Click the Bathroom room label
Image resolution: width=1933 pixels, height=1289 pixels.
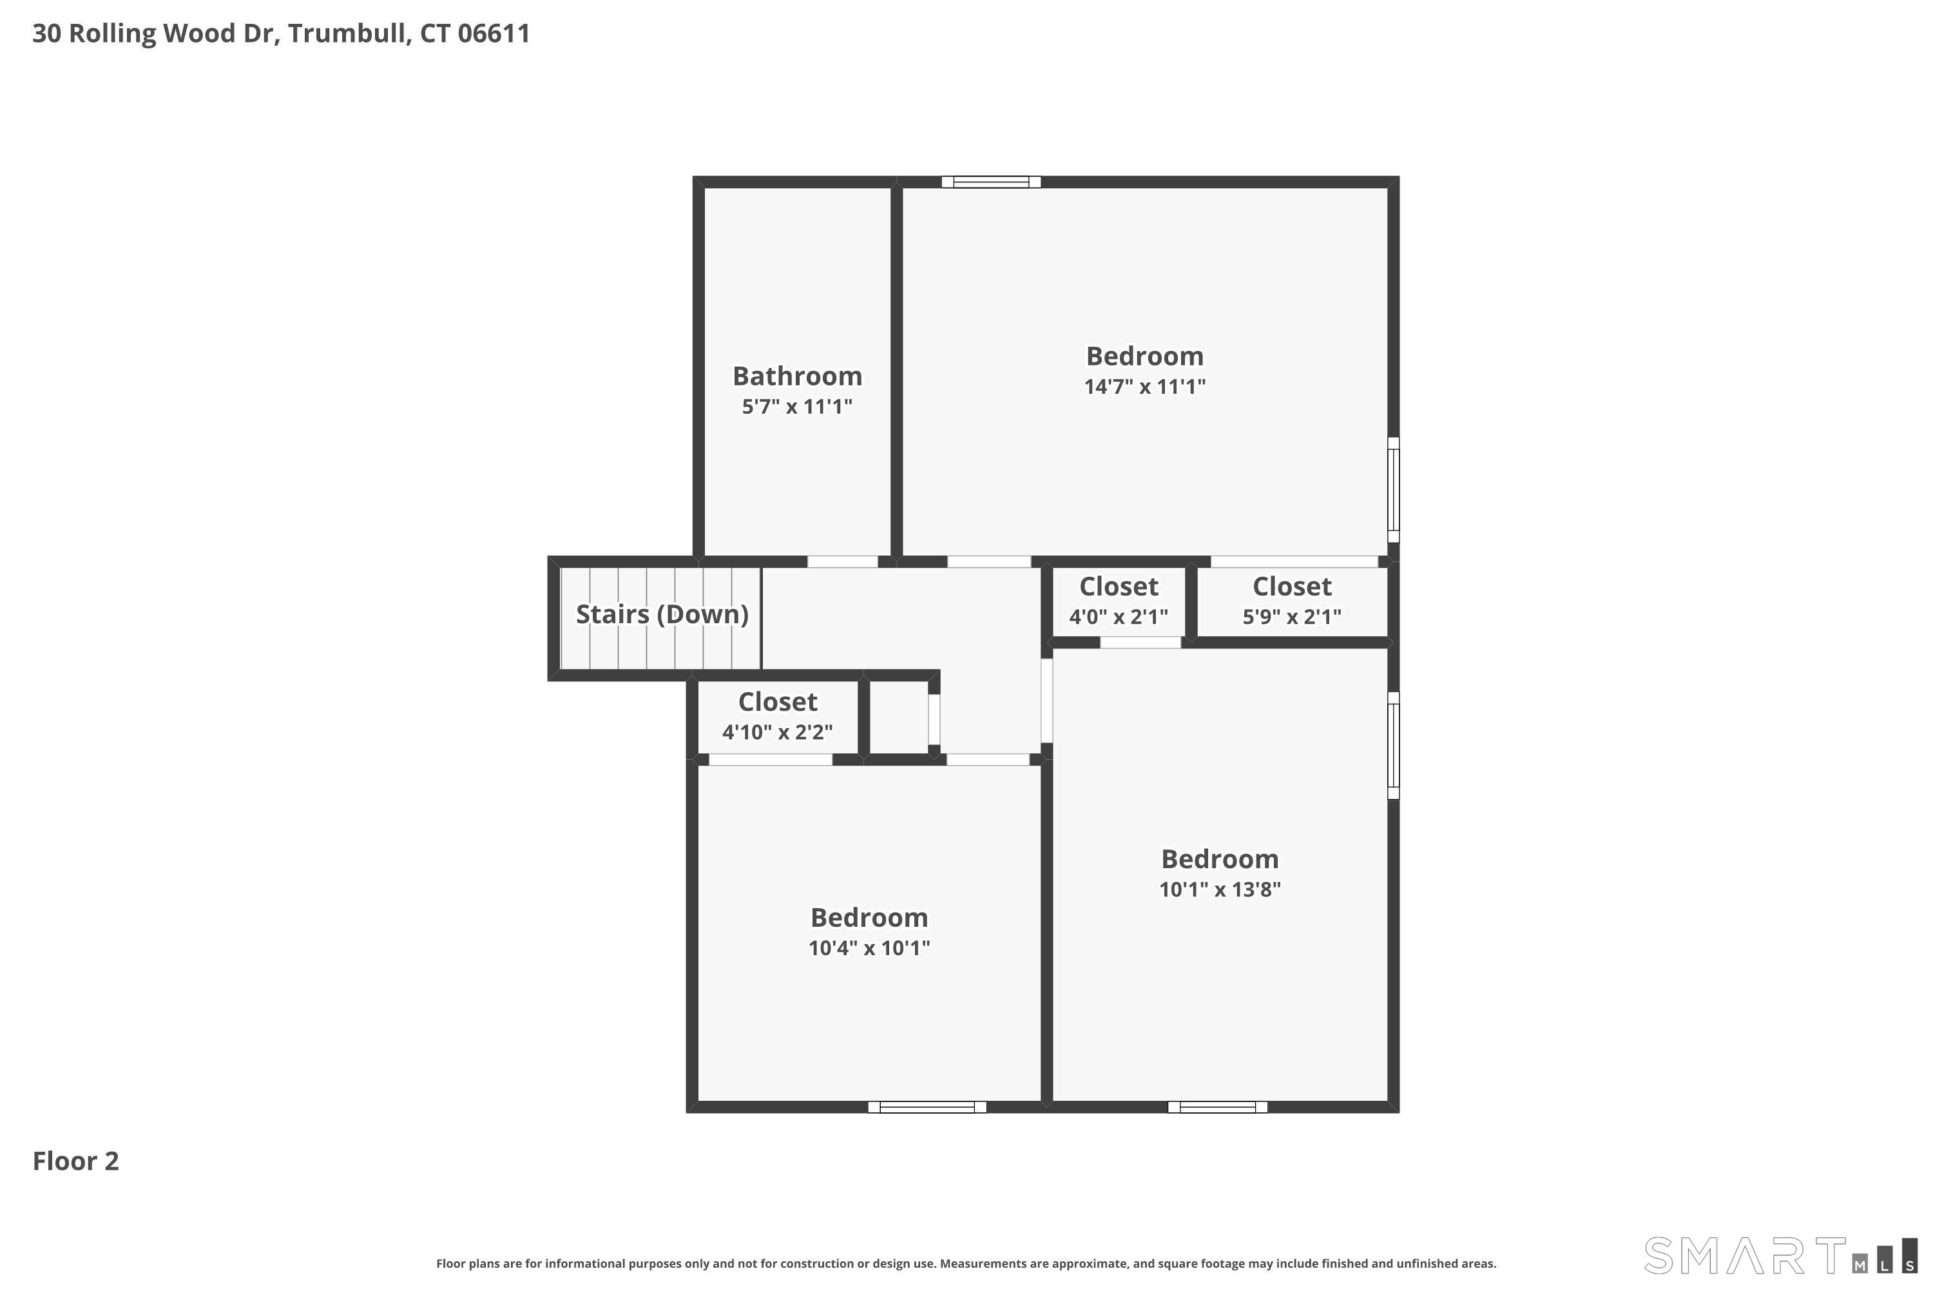coord(797,376)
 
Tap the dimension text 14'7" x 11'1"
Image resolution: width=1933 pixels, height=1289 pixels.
coord(1144,386)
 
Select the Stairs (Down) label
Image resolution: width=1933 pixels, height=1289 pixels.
coord(662,614)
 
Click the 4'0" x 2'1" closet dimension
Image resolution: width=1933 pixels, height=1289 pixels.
coord(1118,617)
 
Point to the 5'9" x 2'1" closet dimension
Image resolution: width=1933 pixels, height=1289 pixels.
coord(1291,617)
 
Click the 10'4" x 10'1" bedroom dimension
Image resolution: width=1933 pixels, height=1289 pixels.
coord(869,948)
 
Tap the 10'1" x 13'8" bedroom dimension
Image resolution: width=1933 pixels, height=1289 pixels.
coord(1220,889)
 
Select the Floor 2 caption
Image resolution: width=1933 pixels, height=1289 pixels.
coord(75,1161)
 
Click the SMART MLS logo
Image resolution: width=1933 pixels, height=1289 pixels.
coord(1779,1256)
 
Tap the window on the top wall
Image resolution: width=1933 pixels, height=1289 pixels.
coord(991,182)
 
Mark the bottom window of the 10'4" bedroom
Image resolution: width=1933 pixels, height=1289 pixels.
coord(927,1107)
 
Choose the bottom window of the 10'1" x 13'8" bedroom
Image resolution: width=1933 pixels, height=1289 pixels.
coord(1217,1107)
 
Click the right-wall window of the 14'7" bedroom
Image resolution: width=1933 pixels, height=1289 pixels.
coord(1393,490)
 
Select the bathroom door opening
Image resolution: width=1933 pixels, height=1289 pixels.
coord(842,562)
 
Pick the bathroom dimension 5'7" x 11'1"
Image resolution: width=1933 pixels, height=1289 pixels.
coord(797,406)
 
